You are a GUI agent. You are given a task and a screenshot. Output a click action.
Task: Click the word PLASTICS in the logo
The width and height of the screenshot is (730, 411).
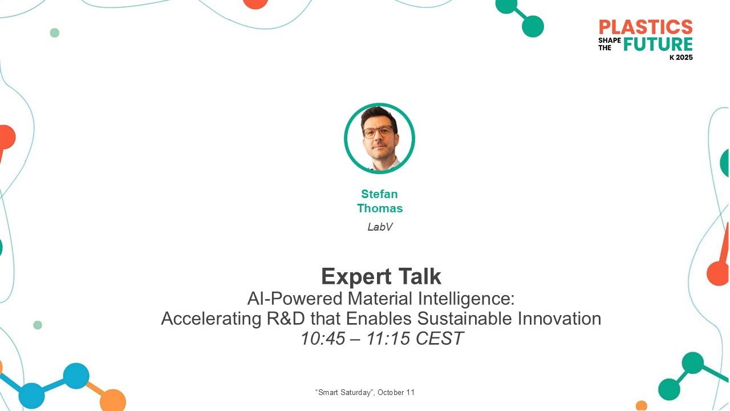(x=646, y=27)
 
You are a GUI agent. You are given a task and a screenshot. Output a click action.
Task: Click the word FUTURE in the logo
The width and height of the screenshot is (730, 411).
(x=658, y=44)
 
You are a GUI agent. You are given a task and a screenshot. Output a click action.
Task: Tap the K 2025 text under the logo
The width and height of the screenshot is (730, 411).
(x=681, y=58)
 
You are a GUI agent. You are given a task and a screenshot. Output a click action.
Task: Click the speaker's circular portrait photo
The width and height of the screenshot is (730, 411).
(x=379, y=138)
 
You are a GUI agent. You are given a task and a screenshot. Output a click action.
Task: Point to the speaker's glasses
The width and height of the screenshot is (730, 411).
(x=378, y=131)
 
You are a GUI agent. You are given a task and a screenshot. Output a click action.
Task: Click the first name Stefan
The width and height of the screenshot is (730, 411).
(x=379, y=194)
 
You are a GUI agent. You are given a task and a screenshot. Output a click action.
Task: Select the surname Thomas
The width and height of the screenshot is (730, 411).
(x=380, y=208)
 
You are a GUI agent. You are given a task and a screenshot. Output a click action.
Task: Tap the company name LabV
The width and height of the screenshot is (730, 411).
(x=380, y=227)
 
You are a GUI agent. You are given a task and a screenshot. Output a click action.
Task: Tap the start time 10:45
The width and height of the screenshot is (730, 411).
(x=323, y=339)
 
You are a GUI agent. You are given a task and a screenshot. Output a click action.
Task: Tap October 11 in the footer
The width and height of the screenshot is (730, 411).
(x=396, y=393)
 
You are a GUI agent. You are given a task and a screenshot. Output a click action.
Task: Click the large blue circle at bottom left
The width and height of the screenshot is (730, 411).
(x=76, y=376)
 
